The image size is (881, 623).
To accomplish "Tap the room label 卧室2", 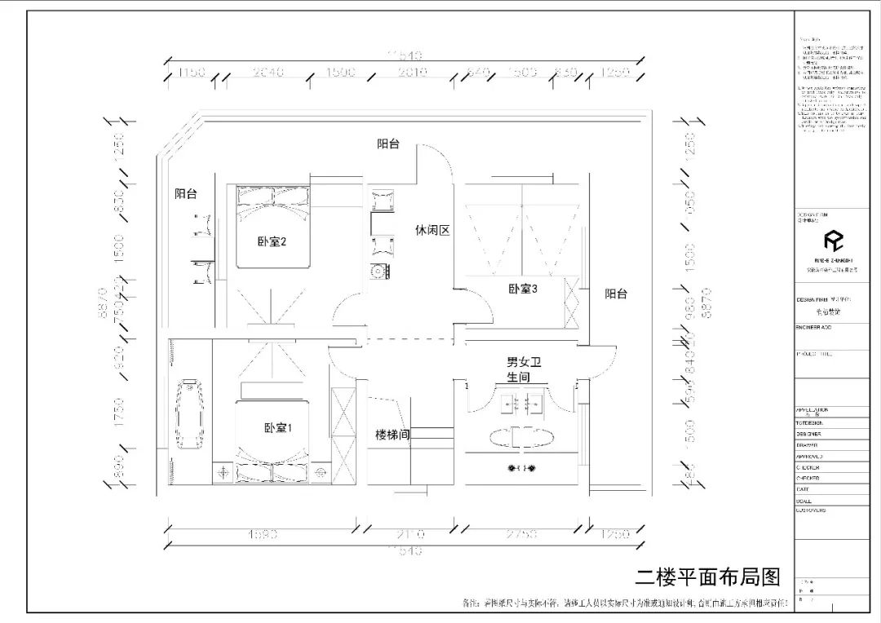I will pos(272,242).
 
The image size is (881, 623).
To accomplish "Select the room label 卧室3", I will pos(523,289).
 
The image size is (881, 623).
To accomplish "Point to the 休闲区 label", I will pos(432,231).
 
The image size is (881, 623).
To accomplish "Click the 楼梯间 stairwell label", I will pos(392,435).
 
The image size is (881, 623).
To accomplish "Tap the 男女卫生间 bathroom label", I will pos(524,369).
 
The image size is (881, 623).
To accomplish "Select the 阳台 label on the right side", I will pos(616,294).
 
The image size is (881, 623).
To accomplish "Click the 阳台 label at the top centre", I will pos(388,144).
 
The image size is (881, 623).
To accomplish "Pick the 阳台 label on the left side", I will pos(186,194).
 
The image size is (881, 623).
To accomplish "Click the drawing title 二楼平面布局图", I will pos(707,577).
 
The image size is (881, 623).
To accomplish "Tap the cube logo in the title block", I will pos(832,241).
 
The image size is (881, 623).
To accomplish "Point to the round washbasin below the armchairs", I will pos(379,272).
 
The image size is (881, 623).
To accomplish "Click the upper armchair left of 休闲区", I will pos(381,202).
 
